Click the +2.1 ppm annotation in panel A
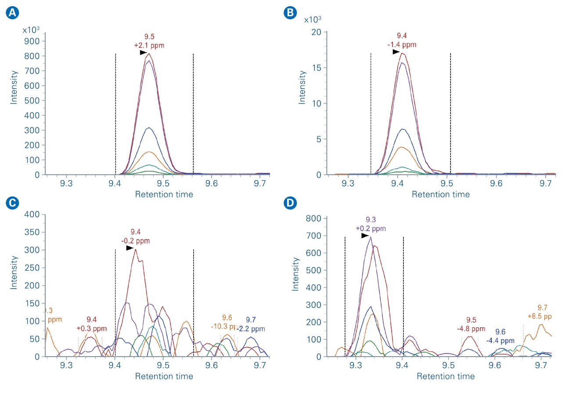point(149,45)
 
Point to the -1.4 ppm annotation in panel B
point(402,45)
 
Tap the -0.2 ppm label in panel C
point(136,241)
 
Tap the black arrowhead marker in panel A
point(143,53)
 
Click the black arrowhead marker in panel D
point(365,236)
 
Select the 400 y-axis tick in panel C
point(34,214)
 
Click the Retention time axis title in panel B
point(440,194)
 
